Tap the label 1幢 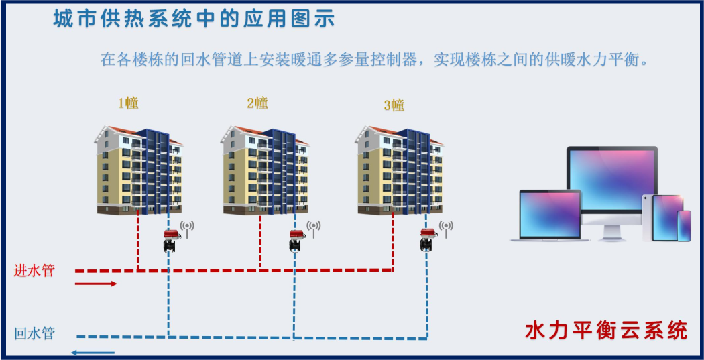(x=128, y=103)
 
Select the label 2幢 (x=257, y=103)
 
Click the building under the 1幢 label (x=139, y=170)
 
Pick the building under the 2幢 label (x=265, y=170)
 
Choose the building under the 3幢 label (x=400, y=170)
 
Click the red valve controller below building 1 (x=170, y=240)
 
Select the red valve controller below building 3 (x=428, y=240)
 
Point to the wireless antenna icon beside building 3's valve (x=446, y=229)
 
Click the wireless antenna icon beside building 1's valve (x=187, y=229)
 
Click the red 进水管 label (x=34, y=271)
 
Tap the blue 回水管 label (x=34, y=333)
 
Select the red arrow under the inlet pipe (x=96, y=284)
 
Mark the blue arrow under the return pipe (x=93, y=353)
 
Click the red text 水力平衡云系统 (x=606, y=331)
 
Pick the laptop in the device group (x=550, y=215)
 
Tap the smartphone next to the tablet (x=684, y=226)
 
